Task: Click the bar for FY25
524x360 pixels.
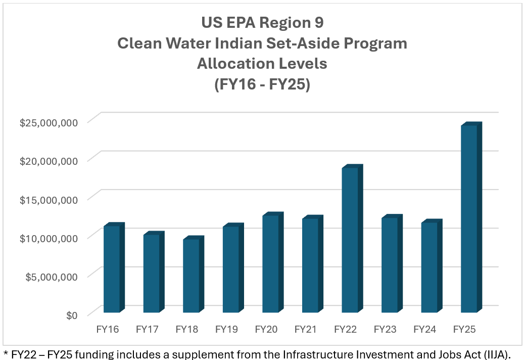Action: [x=469, y=218]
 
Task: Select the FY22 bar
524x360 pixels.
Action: [x=350, y=240]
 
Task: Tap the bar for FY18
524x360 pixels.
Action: [x=190, y=276]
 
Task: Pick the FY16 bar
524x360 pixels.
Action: [x=112, y=268]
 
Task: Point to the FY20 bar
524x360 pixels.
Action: [x=270, y=263]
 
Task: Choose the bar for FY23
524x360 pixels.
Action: [x=389, y=265]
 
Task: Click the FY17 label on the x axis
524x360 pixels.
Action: [x=147, y=330]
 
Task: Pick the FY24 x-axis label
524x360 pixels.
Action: [x=424, y=330]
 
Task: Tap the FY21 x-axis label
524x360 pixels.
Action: [x=306, y=330]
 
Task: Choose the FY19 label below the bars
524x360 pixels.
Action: [x=226, y=330]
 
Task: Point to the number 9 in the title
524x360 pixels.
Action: [x=318, y=23]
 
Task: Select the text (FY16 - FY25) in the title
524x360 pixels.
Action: [x=262, y=84]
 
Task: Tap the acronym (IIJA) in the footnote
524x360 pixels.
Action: [x=503, y=352]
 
